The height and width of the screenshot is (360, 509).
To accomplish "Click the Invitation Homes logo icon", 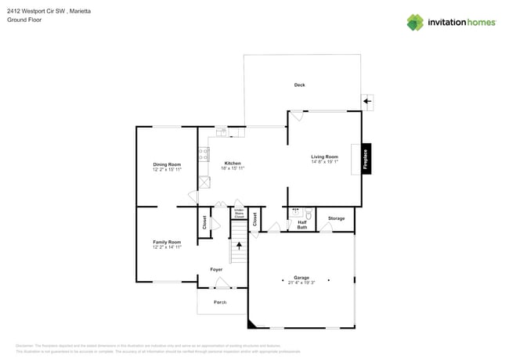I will [x=415, y=22].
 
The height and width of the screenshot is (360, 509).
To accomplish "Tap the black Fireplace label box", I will [x=365, y=159].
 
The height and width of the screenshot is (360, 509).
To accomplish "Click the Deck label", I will [x=299, y=85].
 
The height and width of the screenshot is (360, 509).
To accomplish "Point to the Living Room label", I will [x=324, y=157].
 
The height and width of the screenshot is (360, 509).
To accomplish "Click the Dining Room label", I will [x=167, y=164].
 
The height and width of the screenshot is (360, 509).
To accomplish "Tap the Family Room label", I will [x=167, y=242].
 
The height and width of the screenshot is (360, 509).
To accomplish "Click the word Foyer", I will [x=216, y=269].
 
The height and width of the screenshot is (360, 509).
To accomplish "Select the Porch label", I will [x=220, y=302].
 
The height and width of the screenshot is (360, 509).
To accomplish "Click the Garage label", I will [x=301, y=277].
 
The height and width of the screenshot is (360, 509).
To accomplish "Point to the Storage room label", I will [x=336, y=218].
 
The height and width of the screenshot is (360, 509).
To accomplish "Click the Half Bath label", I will [x=302, y=225].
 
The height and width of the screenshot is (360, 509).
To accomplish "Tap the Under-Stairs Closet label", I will [x=240, y=214].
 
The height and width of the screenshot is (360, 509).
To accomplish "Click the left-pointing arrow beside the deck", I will [x=367, y=101].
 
